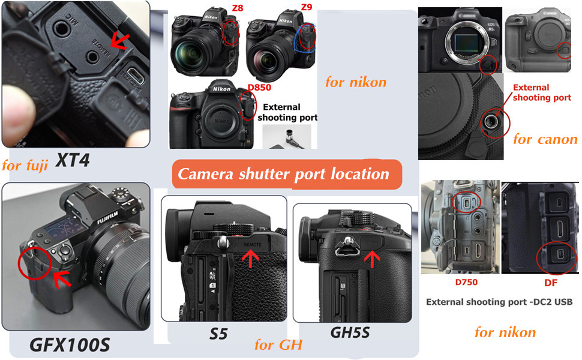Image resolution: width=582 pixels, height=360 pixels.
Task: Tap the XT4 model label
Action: point(73,160)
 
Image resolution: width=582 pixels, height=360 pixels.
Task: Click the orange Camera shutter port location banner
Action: point(284,175)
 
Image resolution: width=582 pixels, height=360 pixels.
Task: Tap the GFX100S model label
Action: point(70,345)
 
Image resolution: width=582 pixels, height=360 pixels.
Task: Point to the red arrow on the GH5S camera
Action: point(373,258)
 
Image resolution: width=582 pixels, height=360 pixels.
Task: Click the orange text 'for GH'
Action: point(278,345)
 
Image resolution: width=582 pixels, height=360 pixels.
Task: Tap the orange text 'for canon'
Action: point(545,139)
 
